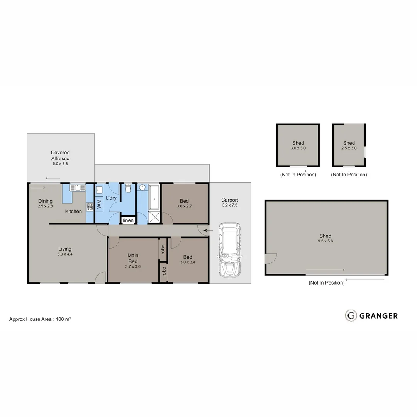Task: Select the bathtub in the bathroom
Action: tap(154, 197)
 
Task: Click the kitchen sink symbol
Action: tap(77, 188)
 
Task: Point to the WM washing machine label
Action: tap(99, 204)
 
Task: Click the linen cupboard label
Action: tap(128, 220)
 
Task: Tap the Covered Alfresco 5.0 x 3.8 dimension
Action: tap(60, 164)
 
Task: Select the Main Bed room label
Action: tap(133, 258)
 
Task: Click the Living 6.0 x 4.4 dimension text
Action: tap(65, 254)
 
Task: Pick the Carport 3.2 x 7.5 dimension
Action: tap(230, 206)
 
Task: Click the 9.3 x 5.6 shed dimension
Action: tap(325, 241)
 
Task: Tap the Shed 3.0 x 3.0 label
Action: tap(298, 146)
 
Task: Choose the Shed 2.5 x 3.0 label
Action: tap(349, 146)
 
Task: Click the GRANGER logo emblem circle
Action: tap(351, 315)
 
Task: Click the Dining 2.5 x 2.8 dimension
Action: tap(45, 206)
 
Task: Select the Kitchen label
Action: tap(73, 211)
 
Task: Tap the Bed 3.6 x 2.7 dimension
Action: tap(184, 206)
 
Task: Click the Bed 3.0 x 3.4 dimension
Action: tap(188, 263)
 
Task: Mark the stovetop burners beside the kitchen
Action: tap(90, 206)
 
